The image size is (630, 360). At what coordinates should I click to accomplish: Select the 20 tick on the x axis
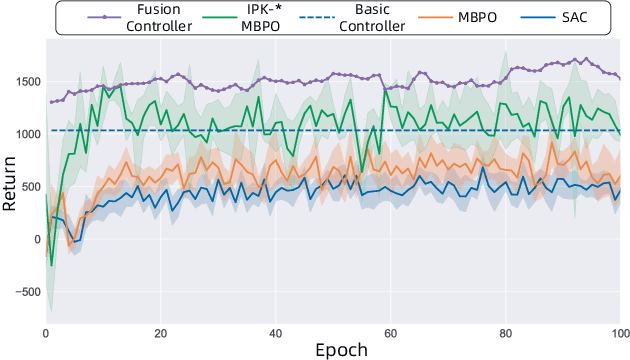point(160,332)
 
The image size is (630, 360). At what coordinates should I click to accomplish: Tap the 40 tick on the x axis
point(275,332)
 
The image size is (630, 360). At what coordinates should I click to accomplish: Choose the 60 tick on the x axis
point(390,332)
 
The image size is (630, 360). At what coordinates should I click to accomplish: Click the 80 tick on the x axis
point(505,332)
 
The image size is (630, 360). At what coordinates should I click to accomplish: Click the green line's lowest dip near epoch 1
point(52,266)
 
